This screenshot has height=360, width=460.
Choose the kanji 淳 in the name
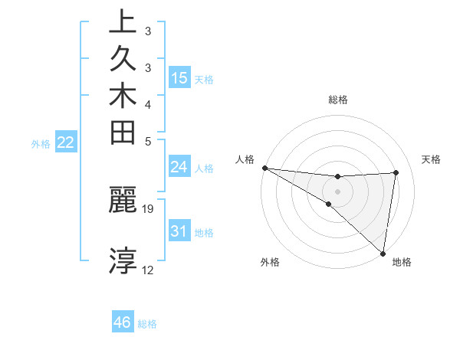(x=122, y=260)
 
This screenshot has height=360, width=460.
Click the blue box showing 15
(x=179, y=77)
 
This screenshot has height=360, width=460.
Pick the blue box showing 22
(x=66, y=142)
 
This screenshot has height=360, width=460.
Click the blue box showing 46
(x=122, y=322)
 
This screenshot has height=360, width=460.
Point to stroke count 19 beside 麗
(x=148, y=208)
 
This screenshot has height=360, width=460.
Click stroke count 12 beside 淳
(x=148, y=270)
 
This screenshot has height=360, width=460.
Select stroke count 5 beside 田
(x=148, y=142)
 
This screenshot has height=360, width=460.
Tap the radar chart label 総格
(x=337, y=100)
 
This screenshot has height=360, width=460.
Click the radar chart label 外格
(x=270, y=262)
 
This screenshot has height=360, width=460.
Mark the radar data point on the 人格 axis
(x=264, y=168)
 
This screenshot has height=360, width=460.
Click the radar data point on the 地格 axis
(x=383, y=253)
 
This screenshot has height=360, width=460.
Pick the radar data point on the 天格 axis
(x=396, y=172)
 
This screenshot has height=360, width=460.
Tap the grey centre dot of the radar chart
(x=337, y=191)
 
